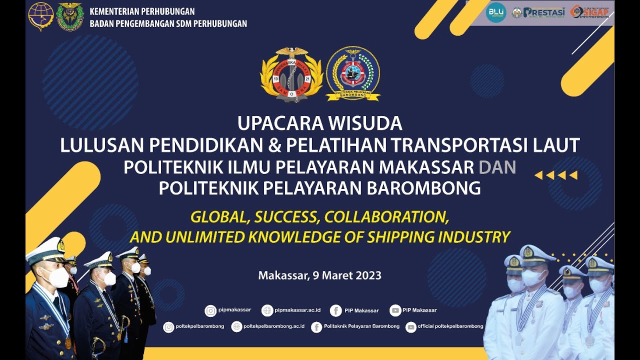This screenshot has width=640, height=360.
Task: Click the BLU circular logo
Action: click(495, 12)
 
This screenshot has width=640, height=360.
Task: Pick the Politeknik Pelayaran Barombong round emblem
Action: click(353, 73)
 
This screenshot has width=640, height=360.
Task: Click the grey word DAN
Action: click(497, 167)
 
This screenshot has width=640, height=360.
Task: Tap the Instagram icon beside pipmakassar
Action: click(210, 310)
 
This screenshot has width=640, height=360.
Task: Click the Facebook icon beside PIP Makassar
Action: click(336, 310)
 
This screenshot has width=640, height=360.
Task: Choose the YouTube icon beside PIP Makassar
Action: click(395, 310)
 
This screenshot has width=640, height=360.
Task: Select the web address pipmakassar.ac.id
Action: click(297, 310)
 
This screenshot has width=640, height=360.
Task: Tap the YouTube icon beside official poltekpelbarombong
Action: click(411, 327)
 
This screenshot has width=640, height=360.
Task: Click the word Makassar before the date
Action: click(281, 275)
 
